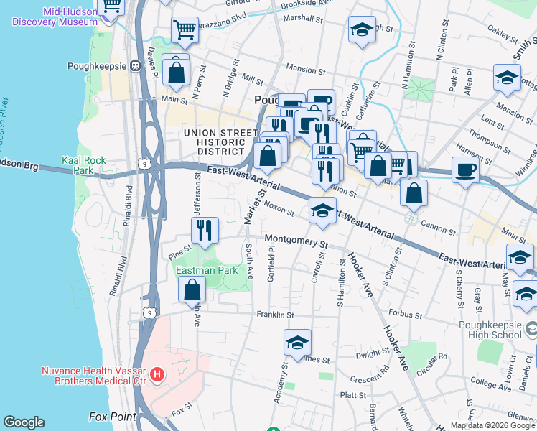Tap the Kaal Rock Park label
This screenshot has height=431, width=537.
click(x=84, y=165)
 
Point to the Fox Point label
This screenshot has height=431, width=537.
click(x=112, y=417)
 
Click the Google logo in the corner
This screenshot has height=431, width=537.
click(x=24, y=422)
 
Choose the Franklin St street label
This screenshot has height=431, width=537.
click(x=276, y=315)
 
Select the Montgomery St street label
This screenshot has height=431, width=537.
click(x=296, y=240)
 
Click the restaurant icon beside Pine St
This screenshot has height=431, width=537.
click(x=205, y=230)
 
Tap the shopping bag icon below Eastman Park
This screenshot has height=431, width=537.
click(x=192, y=289)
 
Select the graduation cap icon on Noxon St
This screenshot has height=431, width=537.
click(x=323, y=210)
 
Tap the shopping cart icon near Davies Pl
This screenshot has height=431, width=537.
click(x=185, y=30)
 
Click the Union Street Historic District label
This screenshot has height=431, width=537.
click(x=220, y=142)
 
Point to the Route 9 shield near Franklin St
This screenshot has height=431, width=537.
click(x=149, y=312)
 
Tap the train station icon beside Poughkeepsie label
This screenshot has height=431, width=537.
click(x=134, y=65)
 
